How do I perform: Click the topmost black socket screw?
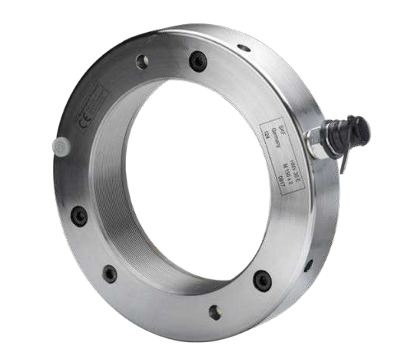[x=198, y=61]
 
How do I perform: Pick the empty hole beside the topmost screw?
[x=142, y=61]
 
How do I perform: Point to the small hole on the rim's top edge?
[x=244, y=48]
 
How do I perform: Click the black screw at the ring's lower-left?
[x=110, y=274]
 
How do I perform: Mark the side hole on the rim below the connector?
[x=308, y=265]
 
